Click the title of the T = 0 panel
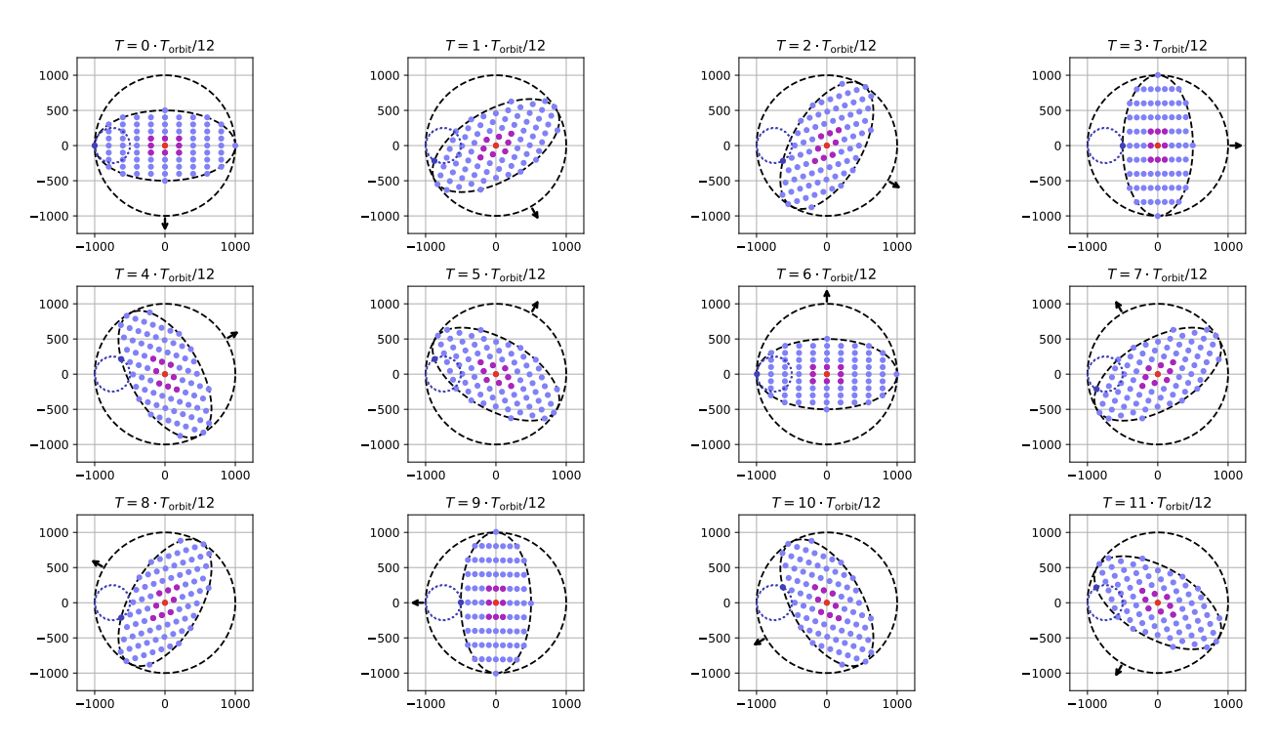pos(164,46)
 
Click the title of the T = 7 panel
pos(1157,274)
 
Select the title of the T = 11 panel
pos(1157,503)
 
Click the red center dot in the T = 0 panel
pos(165,145)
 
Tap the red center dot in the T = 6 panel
pos(827,374)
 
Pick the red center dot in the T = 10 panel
pos(827,603)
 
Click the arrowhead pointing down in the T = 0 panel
pos(165,227)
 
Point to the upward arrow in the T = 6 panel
pos(827,292)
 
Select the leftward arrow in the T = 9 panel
pos(415,603)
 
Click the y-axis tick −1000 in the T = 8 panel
pos(52,673)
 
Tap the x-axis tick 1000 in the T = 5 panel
pos(566,476)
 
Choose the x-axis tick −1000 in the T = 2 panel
pos(754,247)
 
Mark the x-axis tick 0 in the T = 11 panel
pos(1158,704)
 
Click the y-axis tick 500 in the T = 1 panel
pos(390,110)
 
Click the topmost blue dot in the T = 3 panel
pos(1158,75)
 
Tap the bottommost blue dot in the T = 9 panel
pos(496,673)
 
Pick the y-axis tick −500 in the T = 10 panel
pos(717,638)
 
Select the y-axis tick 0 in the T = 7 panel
pos(1056,374)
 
